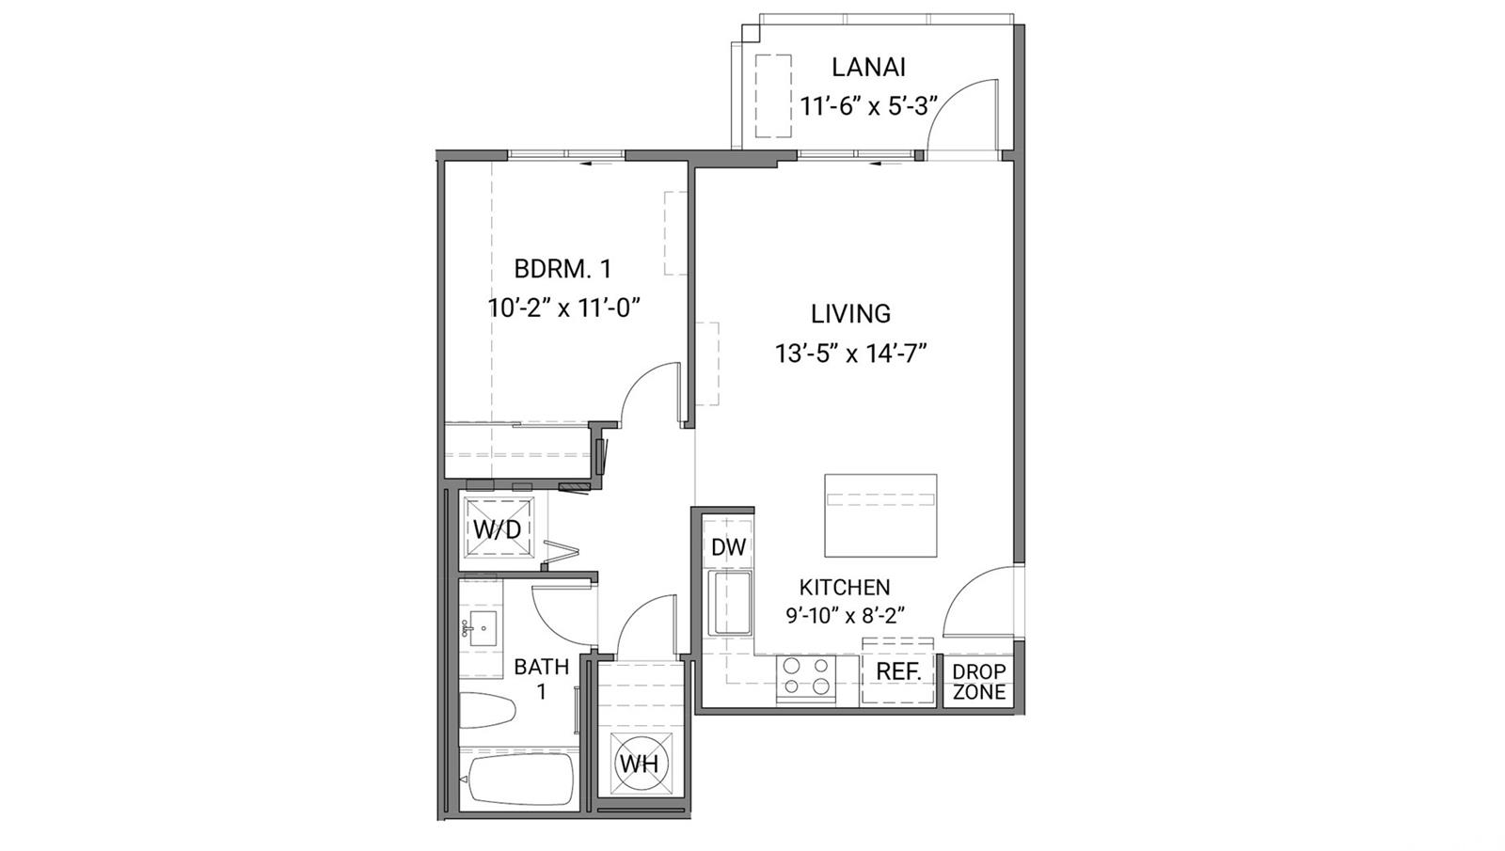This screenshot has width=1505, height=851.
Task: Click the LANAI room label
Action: (x=868, y=67)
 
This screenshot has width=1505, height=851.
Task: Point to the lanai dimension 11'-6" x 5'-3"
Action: (x=868, y=105)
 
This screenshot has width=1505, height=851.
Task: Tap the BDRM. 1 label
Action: (x=562, y=269)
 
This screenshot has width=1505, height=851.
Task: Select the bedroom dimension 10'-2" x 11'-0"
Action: (x=563, y=308)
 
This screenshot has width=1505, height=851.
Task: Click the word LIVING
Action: (x=850, y=314)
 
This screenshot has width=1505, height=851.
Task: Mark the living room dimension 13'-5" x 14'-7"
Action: (x=850, y=353)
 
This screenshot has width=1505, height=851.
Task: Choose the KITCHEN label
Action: (x=845, y=588)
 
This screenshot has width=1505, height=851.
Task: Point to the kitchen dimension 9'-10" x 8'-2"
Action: (x=846, y=615)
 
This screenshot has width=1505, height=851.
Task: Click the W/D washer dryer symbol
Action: (x=498, y=528)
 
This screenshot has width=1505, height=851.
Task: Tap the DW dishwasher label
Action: (x=728, y=547)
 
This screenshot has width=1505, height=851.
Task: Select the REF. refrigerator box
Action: (x=898, y=671)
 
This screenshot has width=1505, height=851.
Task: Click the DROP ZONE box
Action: (x=979, y=682)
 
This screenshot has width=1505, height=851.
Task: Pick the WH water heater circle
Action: (x=641, y=764)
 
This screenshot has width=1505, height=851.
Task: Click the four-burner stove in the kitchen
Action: (x=806, y=678)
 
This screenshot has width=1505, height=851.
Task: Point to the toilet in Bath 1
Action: (x=487, y=710)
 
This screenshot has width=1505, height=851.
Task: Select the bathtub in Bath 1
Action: (x=519, y=780)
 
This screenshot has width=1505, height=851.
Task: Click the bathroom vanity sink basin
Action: (x=483, y=629)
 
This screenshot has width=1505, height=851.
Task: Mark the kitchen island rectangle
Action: (x=880, y=515)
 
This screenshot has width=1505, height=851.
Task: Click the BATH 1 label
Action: (x=542, y=678)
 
